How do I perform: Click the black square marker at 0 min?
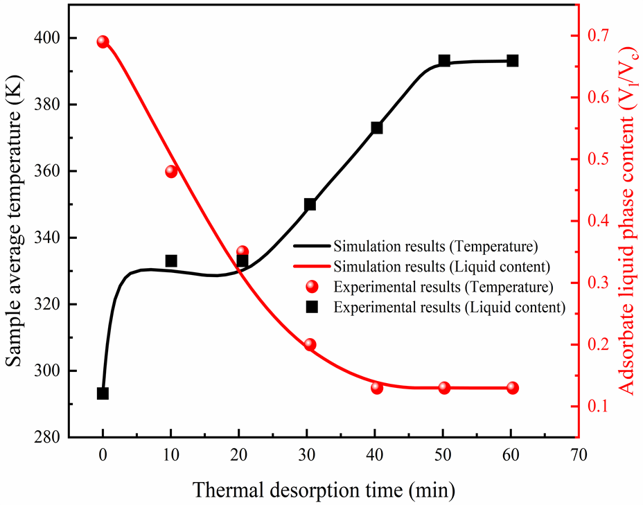pyautogui.click(x=103, y=393)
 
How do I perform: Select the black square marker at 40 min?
pyautogui.click(x=377, y=128)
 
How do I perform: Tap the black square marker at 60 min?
pyautogui.click(x=513, y=61)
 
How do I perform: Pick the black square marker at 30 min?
pyautogui.click(x=310, y=204)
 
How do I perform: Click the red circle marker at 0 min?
pyautogui.click(x=103, y=42)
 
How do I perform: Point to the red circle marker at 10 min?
pyautogui.click(x=171, y=171)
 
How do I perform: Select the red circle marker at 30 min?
pyautogui.click(x=310, y=345)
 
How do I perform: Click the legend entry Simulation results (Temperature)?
pyautogui.click(x=434, y=246)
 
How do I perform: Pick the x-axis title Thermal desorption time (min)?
pyautogui.click(x=324, y=491)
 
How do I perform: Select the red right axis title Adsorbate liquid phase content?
pyautogui.click(x=628, y=222)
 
